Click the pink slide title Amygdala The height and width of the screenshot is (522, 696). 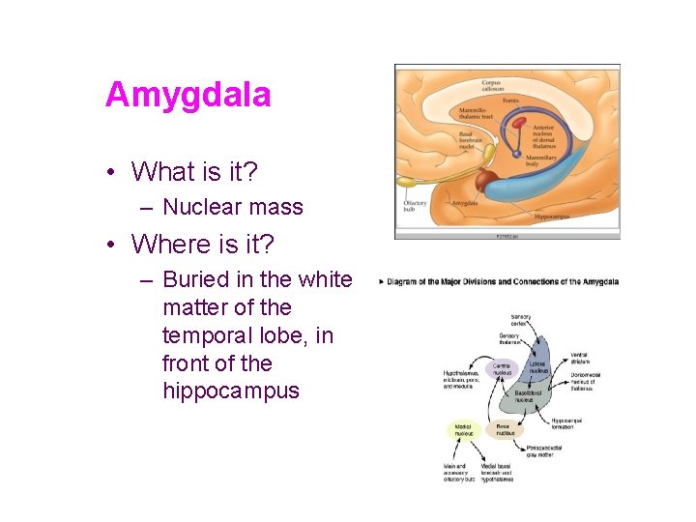pos(188,95)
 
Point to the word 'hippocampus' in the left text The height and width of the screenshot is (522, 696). pos(231,391)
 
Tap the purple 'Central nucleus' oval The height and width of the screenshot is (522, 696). pos(503,369)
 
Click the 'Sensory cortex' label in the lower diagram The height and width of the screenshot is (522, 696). pos(521,320)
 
